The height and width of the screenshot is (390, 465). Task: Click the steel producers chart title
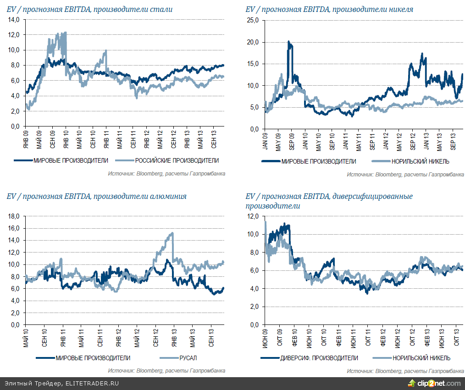pos(90,9)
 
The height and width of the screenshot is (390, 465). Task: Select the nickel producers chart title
pos(329,9)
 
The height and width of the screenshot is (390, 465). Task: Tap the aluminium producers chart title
pos(97,196)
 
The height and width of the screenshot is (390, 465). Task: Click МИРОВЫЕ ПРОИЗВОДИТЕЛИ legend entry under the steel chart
pos(71,160)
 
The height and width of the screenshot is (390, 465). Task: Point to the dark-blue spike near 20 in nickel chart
pos(288,42)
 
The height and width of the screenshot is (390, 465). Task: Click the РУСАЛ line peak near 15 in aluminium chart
pos(172,233)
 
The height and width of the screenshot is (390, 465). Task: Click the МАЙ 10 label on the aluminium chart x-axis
pos(25,337)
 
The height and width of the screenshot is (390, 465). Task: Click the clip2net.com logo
pos(435,383)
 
